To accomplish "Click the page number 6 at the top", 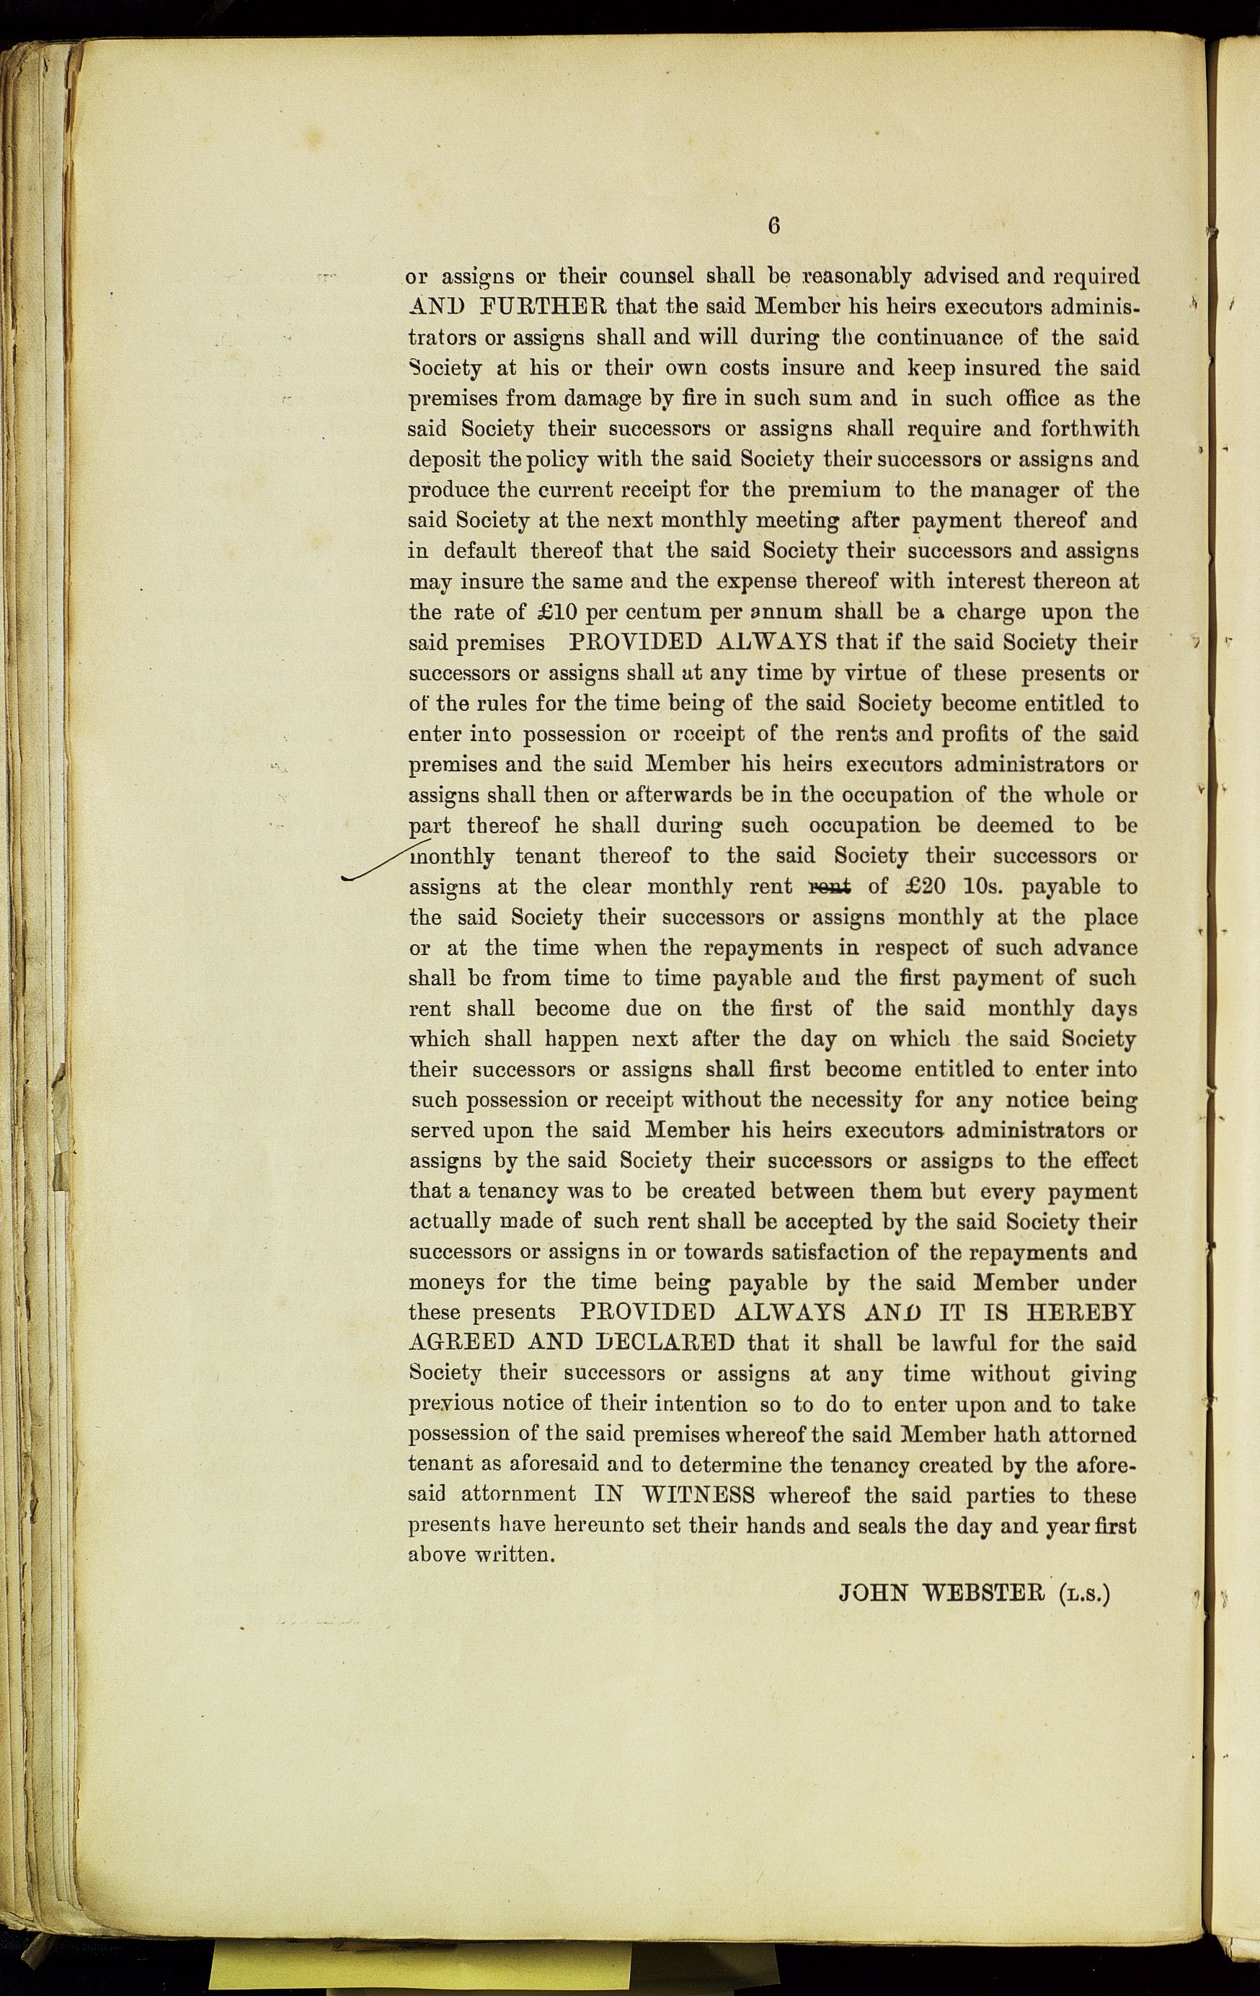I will pyautogui.click(x=774, y=226).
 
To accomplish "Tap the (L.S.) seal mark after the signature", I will pyautogui.click(x=1083, y=1593).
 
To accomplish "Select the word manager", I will pyautogui.click(x=1005, y=490).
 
